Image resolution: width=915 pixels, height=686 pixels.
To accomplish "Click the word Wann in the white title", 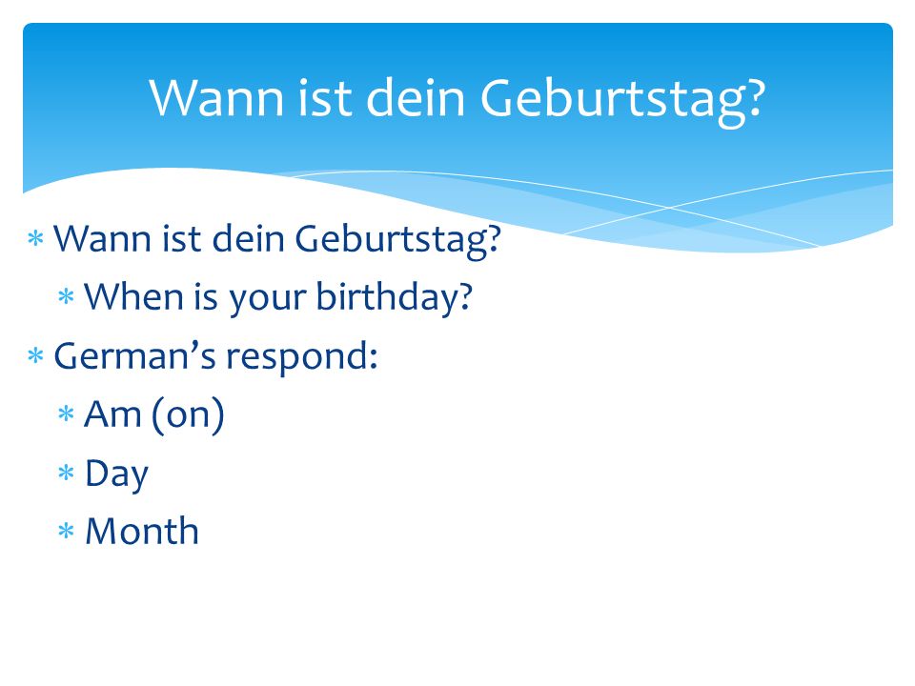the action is [216, 97].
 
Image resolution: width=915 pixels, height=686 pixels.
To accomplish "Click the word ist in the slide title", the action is [324, 97].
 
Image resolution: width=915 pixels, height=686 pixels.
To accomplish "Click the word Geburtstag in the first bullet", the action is [398, 240].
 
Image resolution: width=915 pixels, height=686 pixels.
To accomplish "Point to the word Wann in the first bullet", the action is [102, 238].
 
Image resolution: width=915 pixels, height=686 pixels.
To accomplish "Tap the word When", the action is [134, 296].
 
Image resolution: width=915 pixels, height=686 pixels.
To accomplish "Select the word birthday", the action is [394, 297].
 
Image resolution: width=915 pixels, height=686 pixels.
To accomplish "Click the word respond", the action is [302, 358].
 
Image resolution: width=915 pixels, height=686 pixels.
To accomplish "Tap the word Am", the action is [113, 414].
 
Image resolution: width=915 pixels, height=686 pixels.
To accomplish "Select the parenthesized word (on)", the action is [188, 415].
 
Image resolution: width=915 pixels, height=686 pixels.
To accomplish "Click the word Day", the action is [116, 474].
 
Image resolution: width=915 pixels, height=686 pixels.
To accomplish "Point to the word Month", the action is [142, 531].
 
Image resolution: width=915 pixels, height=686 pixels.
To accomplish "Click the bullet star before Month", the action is [66, 531].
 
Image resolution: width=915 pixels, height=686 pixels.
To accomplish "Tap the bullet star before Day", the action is [66, 472].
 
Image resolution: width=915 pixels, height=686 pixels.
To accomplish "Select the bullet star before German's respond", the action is [35, 354].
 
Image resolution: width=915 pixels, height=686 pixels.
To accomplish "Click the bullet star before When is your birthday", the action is [66, 296].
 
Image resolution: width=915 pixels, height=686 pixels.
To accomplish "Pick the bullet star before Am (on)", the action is [66, 414].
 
